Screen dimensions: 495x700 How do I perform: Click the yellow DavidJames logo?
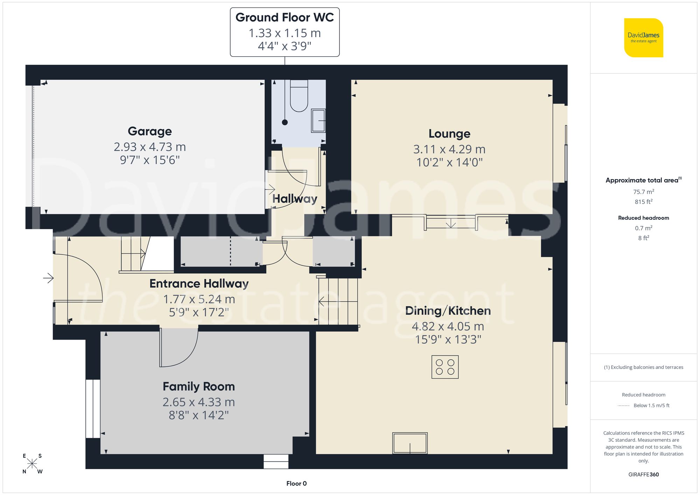click(x=643, y=37)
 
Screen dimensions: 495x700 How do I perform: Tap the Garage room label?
click(x=150, y=131)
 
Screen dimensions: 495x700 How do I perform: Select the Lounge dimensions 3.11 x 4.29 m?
click(x=449, y=149)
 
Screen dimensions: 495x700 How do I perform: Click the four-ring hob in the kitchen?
click(x=445, y=367)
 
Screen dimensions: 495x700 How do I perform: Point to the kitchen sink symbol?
click(x=410, y=443)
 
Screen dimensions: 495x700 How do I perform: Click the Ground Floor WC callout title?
click(x=285, y=17)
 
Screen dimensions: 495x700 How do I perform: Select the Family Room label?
click(x=198, y=387)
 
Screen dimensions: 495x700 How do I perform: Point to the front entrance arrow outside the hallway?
click(x=48, y=278)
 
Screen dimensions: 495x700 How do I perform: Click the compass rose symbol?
click(x=32, y=464)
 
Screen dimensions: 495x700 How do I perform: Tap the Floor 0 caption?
click(x=296, y=483)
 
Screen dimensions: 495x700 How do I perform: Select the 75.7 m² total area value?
click(x=643, y=192)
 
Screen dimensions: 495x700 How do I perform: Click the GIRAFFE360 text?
click(x=643, y=475)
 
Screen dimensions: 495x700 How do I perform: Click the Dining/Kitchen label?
click(x=448, y=311)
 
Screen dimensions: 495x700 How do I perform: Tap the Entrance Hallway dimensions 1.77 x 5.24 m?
click(x=199, y=299)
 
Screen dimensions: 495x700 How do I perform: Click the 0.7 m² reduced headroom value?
click(x=643, y=228)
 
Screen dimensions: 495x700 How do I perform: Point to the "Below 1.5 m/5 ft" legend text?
click(x=651, y=405)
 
